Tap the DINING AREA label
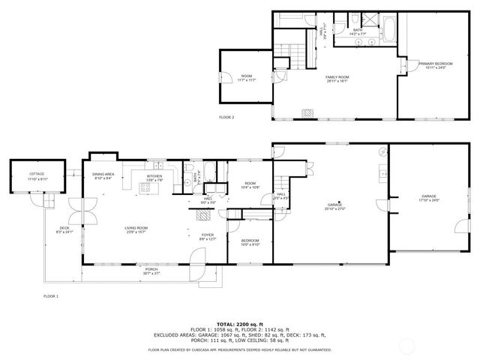(103, 176)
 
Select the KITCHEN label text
(154, 178)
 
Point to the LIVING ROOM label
(136, 229)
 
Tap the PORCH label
(151, 271)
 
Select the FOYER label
(207, 236)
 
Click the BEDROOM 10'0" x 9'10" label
(250, 241)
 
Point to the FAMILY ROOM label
(337, 79)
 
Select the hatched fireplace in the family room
(307, 113)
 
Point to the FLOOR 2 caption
(226, 118)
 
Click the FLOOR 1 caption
(51, 296)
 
